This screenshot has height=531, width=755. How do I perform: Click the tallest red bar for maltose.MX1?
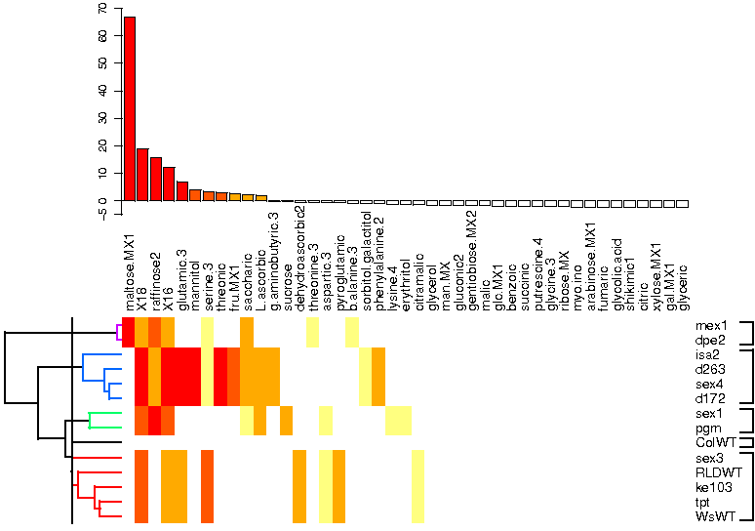click(129, 107)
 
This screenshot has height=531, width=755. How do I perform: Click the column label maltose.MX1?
click(129, 272)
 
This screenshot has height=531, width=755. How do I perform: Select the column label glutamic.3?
click(181, 278)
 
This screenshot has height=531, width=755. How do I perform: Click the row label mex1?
click(712, 325)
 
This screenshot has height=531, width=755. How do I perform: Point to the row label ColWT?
click(714, 442)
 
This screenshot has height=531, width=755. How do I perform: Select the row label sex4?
click(711, 384)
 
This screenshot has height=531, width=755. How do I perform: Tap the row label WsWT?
click(714, 516)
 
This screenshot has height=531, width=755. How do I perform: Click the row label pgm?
click(709, 428)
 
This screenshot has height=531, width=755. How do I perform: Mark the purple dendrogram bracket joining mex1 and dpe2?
click(117, 333)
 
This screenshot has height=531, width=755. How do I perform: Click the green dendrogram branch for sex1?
click(105, 414)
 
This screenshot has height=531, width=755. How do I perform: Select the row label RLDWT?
click(716, 472)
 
